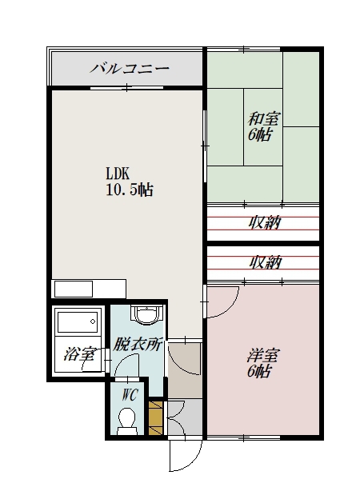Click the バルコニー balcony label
click(130, 68)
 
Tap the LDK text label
click(118, 174)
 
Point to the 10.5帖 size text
click(130, 190)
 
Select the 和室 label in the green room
click(264, 119)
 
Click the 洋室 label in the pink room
click(262, 356)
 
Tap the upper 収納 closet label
click(265, 223)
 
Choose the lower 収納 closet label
click(266, 262)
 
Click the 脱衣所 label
click(138, 345)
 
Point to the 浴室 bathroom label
click(79, 354)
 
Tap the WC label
click(130, 394)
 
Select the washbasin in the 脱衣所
click(146, 314)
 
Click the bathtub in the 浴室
click(78, 321)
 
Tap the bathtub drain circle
click(93, 321)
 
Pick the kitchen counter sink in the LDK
click(74, 289)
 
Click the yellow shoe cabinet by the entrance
click(155, 418)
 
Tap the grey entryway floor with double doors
click(185, 417)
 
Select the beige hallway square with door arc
click(185, 370)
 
